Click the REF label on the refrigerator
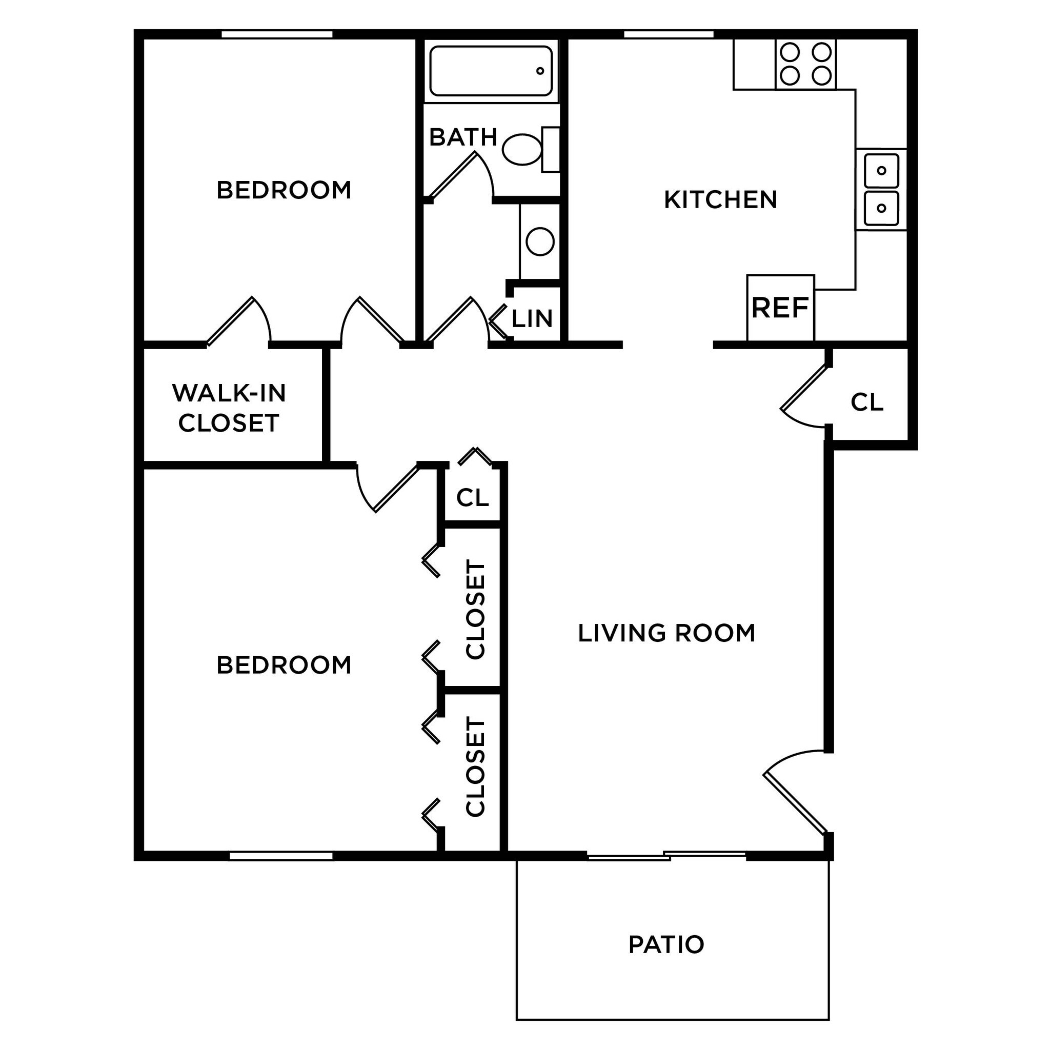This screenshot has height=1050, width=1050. point(780,308)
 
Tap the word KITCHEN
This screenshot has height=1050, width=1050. point(720,200)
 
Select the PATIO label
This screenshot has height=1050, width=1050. point(666,944)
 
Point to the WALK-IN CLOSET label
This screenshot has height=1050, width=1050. point(229,408)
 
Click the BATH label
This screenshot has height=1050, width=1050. point(463,137)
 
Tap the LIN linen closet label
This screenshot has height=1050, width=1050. point(532,319)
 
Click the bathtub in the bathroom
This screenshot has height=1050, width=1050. point(491,71)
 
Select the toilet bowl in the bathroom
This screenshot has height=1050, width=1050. point(522,150)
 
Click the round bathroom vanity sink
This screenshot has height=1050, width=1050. point(540,241)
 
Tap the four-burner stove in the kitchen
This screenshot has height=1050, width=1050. point(805,64)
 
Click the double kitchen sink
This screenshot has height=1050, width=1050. point(881,189)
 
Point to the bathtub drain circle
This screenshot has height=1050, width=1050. point(540,71)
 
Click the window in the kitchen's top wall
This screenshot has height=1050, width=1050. point(668,34)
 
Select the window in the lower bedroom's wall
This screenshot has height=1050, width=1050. point(280,856)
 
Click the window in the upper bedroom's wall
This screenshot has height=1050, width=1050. point(277,34)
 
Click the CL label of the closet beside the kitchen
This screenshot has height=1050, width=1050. point(867,402)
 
